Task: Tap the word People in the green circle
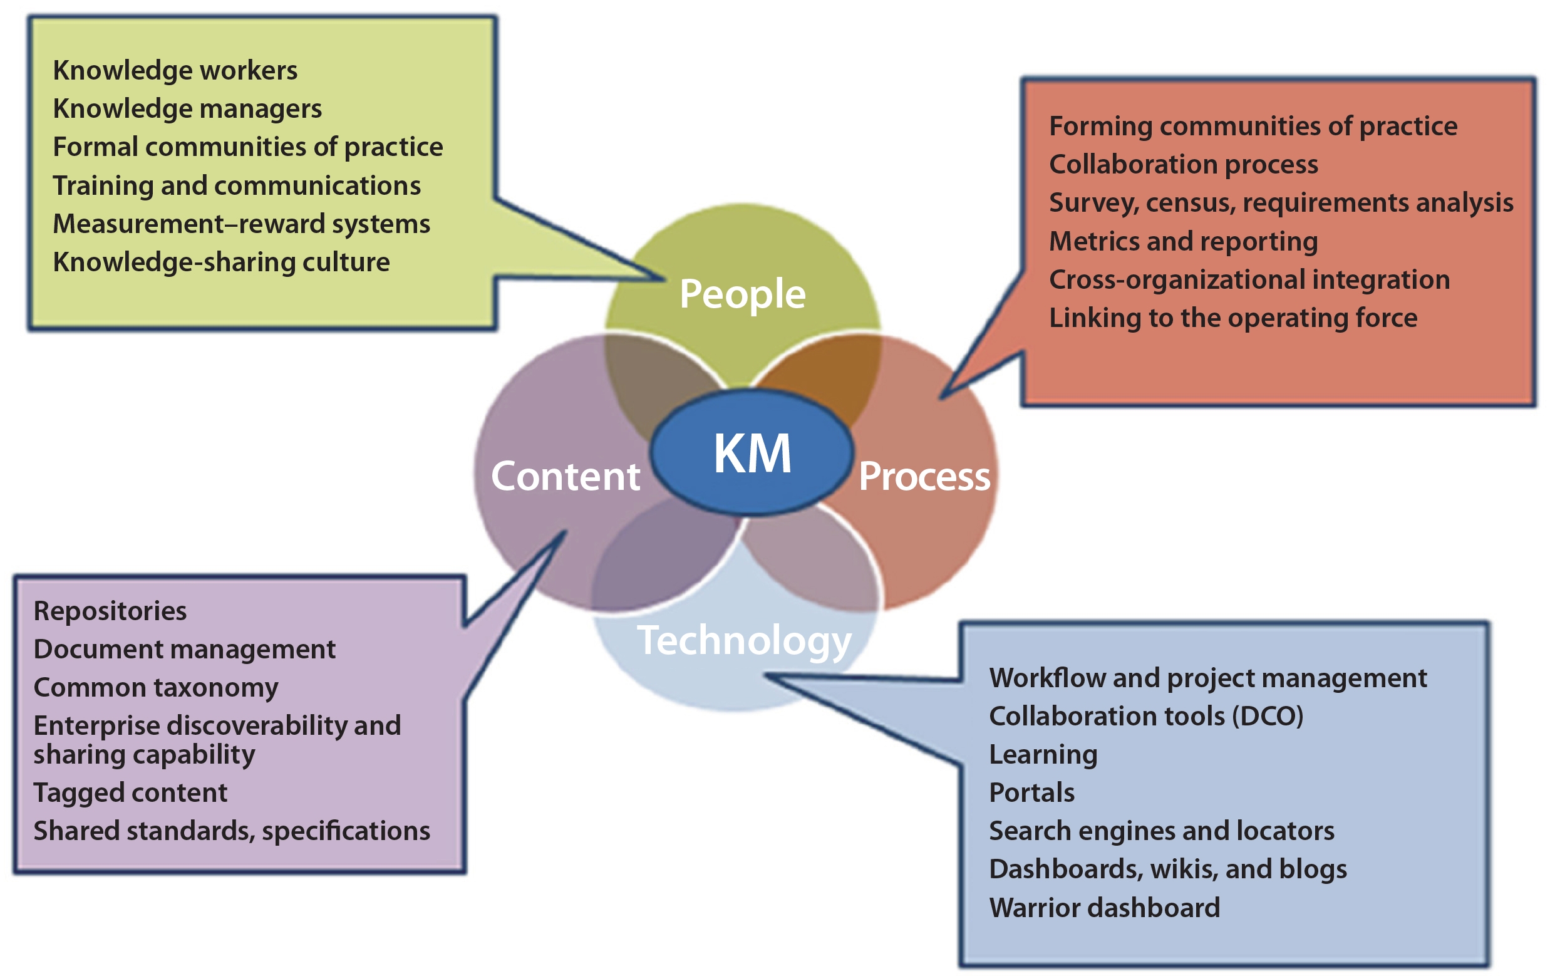click(x=742, y=294)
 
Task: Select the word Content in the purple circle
click(x=565, y=477)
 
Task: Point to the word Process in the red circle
click(x=924, y=477)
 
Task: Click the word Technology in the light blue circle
click(x=744, y=641)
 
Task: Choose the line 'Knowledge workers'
click(x=175, y=70)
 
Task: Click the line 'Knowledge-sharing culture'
click(x=222, y=262)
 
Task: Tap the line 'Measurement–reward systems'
click(x=241, y=224)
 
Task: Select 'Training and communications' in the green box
click(x=237, y=186)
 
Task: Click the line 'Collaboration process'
click(x=1183, y=164)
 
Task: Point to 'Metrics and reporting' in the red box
click(x=1183, y=241)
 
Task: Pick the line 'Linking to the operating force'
click(x=1232, y=318)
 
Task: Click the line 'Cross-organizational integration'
click(x=1249, y=279)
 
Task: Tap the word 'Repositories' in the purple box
click(x=110, y=611)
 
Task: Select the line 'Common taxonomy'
click(x=156, y=688)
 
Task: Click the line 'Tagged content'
click(x=130, y=792)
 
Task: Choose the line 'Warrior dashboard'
click(x=1104, y=908)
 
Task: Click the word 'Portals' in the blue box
click(x=1031, y=792)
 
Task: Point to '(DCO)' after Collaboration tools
click(x=1268, y=717)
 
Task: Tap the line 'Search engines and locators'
click(x=1161, y=831)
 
